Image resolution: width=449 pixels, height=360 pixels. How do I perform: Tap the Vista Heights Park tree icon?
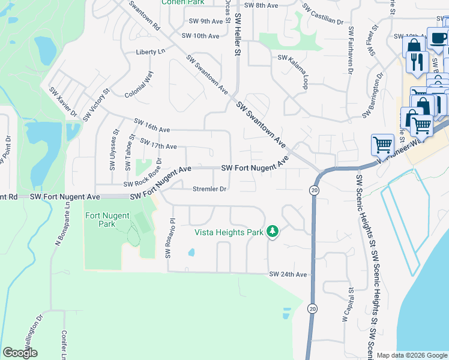(273, 232)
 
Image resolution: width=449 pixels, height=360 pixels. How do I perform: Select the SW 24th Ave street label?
(288, 274)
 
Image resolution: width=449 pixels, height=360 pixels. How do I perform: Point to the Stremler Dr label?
(209, 189)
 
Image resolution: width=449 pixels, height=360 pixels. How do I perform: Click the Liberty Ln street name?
(151, 52)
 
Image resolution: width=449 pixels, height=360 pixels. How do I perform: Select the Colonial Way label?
(139, 85)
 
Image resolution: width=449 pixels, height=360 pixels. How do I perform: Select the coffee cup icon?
(438, 38)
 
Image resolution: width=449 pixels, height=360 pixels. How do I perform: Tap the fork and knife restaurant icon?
(415, 61)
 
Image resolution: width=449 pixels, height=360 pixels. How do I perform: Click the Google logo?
(20, 353)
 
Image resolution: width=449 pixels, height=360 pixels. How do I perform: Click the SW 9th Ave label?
(206, 21)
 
